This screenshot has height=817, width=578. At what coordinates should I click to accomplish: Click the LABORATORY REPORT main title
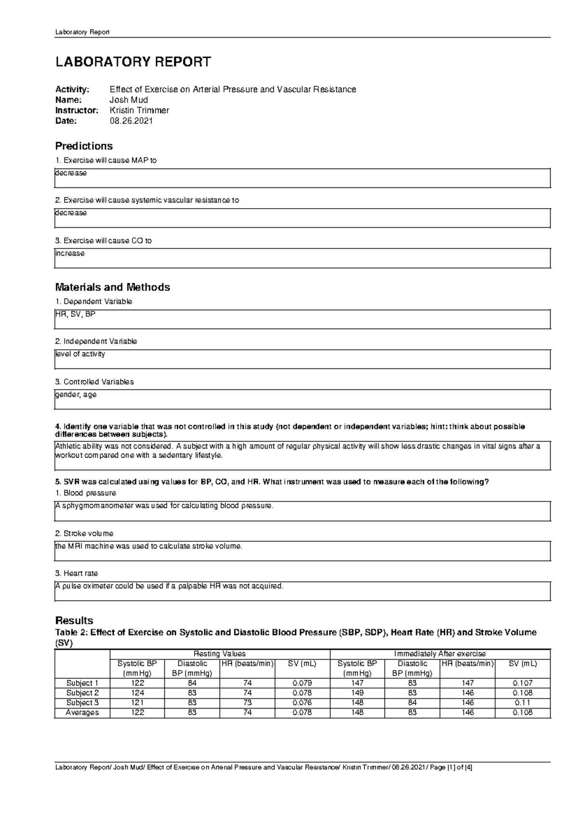coord(133,62)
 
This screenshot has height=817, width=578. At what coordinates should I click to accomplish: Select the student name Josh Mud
coord(129,100)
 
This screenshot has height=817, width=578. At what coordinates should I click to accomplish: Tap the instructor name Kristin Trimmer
coord(139,110)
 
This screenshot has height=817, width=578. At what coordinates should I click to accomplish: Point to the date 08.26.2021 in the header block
coord(131,121)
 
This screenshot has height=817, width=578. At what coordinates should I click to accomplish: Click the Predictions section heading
coord(84,146)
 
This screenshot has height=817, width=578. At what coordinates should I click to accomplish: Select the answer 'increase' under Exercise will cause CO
coord(70,253)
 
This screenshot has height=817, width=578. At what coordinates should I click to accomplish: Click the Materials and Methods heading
coord(112,287)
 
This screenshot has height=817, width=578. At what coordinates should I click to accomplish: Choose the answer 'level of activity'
coord(80,354)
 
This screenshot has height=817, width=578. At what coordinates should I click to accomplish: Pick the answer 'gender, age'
coord(76,395)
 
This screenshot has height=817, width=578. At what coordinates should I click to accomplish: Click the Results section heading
coord(74,620)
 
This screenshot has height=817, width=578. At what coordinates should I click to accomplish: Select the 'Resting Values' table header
coord(220,654)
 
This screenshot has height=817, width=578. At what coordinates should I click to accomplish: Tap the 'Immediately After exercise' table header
coord(440,654)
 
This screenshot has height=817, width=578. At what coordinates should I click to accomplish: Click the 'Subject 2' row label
coord(82,693)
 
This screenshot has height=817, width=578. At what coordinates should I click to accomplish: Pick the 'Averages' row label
coord(82,712)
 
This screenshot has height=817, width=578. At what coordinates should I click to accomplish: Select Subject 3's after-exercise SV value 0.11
coord(522,703)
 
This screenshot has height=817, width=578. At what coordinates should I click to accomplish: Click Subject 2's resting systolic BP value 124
coord(137,693)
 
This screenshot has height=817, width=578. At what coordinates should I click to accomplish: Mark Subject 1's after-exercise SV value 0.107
coord(522,683)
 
